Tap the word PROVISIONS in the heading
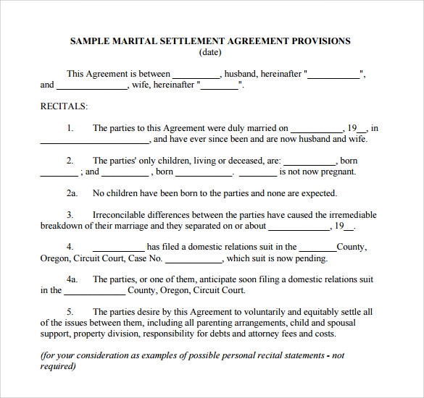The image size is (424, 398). pos(320,41)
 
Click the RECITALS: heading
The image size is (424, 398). pos(64,106)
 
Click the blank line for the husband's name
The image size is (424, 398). pos(196,74)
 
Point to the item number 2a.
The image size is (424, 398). pos(72,193)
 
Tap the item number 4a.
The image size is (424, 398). pos(72,279)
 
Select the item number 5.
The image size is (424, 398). pos(70,311)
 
